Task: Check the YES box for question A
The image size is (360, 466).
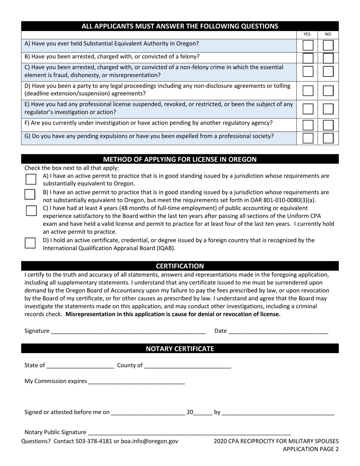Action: coord(308,45)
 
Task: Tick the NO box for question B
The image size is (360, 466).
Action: coord(328,58)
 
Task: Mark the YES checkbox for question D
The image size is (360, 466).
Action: coord(308,91)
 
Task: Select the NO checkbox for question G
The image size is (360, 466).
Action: coord(328,138)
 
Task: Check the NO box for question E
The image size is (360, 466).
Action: coord(328,109)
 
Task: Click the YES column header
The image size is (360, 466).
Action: coord(307,34)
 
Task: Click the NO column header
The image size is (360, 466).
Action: coord(328,34)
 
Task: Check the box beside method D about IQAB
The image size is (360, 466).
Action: coord(31,243)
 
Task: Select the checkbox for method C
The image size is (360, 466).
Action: coord(31,210)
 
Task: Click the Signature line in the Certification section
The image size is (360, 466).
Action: coord(128,331)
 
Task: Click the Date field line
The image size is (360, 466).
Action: coord(278,331)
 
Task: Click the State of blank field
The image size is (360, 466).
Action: coord(80,366)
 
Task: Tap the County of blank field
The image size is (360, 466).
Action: coord(188,366)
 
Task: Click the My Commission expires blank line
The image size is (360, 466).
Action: coord(136,382)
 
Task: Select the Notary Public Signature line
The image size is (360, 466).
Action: coord(189,432)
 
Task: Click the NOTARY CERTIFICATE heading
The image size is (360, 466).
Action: coord(180,349)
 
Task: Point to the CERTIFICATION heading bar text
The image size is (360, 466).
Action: coord(180,266)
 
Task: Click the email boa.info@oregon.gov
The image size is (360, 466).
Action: coord(149,441)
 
